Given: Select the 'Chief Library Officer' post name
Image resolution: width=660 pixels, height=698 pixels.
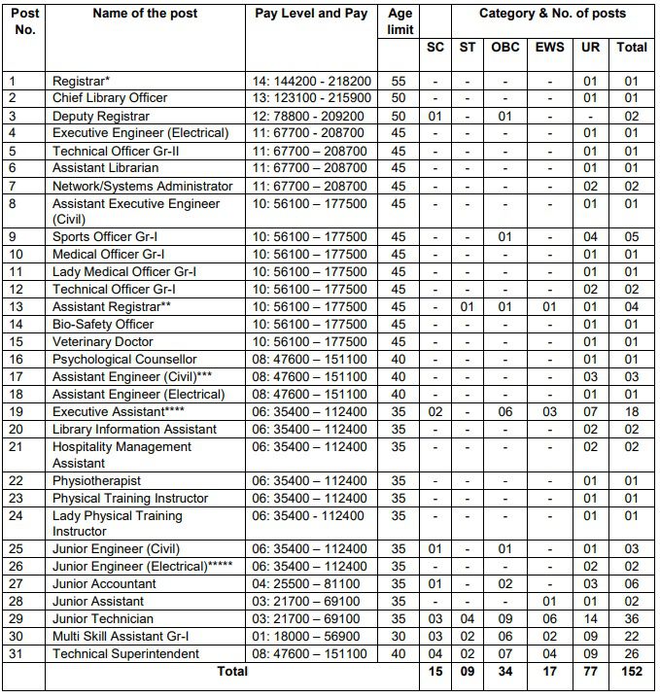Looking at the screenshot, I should point(110,98).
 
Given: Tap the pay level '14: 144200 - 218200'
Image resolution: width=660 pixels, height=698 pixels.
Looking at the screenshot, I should point(310,81).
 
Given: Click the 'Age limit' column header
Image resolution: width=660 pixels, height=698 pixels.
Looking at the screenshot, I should point(399,22).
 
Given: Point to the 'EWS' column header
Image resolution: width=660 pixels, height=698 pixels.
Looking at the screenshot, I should point(549,47).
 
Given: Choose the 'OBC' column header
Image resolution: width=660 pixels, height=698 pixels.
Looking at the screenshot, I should point(505,47).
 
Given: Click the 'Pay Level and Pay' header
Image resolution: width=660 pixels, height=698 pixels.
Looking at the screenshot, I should point(310,14).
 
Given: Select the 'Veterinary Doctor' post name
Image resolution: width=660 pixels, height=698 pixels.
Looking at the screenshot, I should point(102,342).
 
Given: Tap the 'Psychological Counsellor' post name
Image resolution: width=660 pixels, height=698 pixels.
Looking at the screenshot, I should point(124,360).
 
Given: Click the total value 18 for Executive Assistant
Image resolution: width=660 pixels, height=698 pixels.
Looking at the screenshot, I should point(631,412).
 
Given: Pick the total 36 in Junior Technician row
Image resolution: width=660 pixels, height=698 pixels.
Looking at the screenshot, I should point(631,618).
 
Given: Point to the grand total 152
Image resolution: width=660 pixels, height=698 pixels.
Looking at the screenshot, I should point(631,672).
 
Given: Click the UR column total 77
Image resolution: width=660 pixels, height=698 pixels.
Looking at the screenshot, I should point(590,672).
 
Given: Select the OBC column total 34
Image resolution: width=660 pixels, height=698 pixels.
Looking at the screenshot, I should point(505,672).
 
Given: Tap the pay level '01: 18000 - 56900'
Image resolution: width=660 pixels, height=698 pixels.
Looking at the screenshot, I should point(310,636).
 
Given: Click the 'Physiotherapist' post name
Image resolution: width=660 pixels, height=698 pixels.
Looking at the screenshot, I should point(96,481).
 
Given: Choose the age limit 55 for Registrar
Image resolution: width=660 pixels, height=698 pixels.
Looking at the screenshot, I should point(399,81).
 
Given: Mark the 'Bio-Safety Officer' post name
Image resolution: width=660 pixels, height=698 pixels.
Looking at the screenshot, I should point(103,325).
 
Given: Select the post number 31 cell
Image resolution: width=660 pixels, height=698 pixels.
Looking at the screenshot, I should point(14,653).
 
